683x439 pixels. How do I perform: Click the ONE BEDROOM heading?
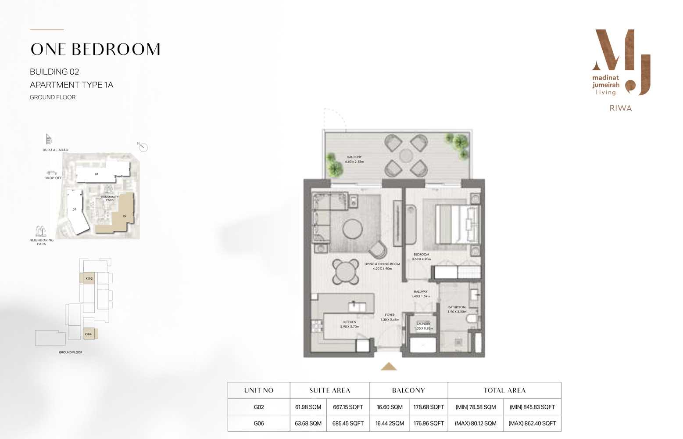[95, 50]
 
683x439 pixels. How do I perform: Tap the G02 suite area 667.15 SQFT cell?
[348, 407]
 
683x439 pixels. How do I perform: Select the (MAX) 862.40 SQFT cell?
[532, 424]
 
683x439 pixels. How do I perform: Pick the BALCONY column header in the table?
[408, 390]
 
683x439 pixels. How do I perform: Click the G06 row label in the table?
[259, 424]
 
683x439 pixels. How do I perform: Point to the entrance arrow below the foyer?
[389, 367]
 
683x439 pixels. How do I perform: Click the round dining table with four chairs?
[346, 272]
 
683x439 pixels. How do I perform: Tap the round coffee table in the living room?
[352, 229]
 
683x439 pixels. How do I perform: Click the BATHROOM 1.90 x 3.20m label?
[457, 309]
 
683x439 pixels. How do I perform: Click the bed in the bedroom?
[454, 224]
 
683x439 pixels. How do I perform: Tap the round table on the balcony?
[406, 155]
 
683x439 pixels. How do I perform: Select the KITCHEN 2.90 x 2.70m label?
[350, 324]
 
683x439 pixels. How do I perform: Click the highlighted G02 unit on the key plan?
[89, 278]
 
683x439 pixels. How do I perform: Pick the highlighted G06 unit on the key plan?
[89, 334]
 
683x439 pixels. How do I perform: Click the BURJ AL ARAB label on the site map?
[55, 150]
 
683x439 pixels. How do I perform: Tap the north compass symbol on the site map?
[143, 148]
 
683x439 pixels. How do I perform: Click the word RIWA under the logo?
[620, 108]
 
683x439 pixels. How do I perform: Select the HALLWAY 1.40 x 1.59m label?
[420, 294]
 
